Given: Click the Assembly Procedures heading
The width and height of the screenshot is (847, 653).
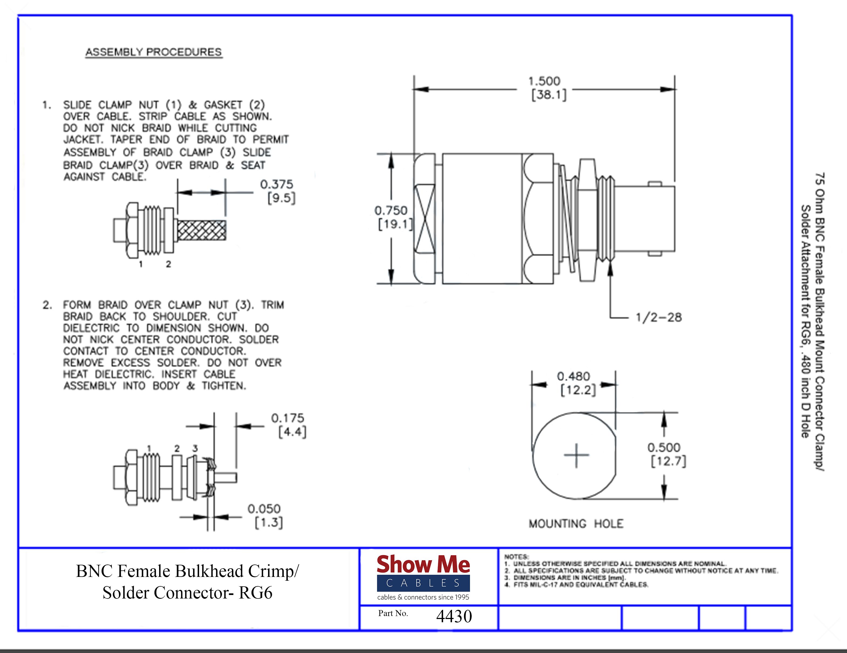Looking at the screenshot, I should [x=154, y=52].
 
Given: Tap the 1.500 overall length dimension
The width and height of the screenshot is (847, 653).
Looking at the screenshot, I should [x=544, y=81].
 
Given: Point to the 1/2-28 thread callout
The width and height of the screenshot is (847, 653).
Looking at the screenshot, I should [x=659, y=317].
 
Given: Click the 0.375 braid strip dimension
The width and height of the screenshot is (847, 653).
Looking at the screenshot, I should [x=276, y=184].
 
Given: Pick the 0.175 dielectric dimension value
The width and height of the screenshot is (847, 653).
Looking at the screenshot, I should [x=287, y=418].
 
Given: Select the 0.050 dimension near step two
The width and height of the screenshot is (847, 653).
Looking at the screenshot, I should [x=264, y=509].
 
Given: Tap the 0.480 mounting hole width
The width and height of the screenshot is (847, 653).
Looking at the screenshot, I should [x=573, y=376].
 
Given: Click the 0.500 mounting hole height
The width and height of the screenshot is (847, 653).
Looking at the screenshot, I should [x=664, y=447].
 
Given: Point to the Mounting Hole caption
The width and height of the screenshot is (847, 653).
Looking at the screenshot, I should [x=576, y=524].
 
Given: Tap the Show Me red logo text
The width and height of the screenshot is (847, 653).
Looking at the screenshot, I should [x=423, y=564].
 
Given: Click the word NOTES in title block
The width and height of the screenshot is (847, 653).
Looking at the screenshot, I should [x=516, y=557].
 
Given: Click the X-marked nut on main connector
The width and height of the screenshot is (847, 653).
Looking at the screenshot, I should [x=425, y=219].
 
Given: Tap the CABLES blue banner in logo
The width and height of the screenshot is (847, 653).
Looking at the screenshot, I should [x=423, y=583].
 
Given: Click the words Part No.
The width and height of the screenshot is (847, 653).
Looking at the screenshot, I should [x=393, y=613].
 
